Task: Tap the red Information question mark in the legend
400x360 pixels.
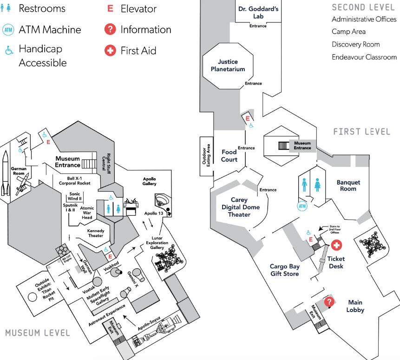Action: (x=110, y=30)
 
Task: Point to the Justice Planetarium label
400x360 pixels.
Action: (x=228, y=65)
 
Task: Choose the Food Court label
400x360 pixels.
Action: (x=229, y=155)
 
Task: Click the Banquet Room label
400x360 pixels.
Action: (x=348, y=185)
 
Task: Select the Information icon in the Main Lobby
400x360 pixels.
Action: (x=329, y=302)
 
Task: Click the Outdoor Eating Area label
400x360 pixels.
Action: (x=206, y=156)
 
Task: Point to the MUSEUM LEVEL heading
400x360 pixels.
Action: (x=37, y=333)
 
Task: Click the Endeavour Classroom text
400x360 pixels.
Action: (x=364, y=57)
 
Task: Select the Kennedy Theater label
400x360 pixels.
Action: (x=96, y=233)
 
